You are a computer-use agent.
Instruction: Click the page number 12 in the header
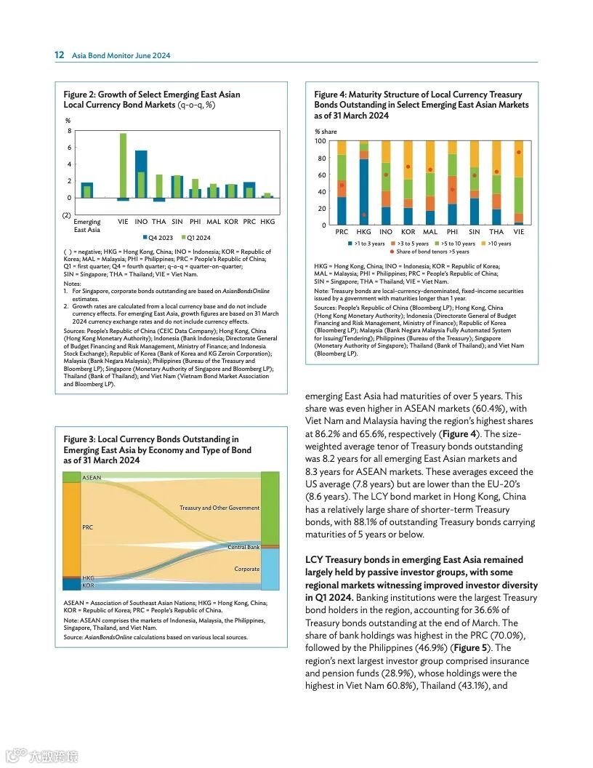(60, 55)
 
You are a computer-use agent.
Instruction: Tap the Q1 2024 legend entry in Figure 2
(195, 238)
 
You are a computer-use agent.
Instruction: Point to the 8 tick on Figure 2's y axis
(69, 131)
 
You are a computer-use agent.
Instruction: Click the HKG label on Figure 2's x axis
(267, 221)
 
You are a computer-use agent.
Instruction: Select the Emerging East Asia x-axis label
(87, 225)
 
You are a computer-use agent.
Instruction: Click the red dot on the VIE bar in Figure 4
(519, 152)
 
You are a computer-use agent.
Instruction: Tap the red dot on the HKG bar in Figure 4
(364, 215)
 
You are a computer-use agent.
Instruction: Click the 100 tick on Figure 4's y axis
(320, 140)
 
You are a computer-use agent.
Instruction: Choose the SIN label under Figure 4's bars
(475, 232)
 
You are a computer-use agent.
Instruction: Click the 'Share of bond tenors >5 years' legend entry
(432, 252)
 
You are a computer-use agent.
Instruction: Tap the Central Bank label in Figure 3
(243, 547)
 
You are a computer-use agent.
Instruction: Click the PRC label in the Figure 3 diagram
(88, 527)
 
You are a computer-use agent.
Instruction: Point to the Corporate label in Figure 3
(246, 569)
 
